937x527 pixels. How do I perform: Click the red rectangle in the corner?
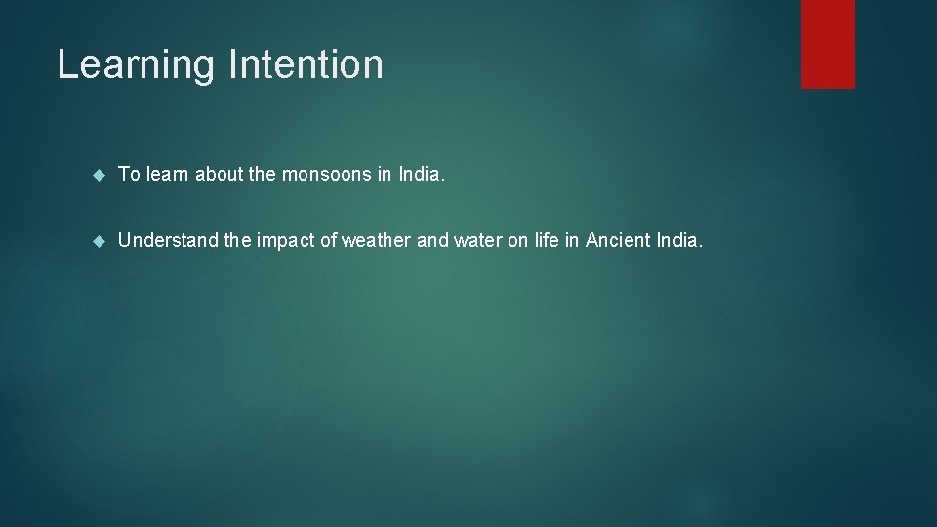[828, 44]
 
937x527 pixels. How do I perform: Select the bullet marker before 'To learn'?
[98, 175]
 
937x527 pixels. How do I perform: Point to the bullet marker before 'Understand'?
[98, 240]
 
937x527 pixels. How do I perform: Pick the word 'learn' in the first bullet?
[168, 175]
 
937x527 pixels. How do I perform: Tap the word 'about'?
[219, 175]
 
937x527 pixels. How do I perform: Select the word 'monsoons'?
[324, 175]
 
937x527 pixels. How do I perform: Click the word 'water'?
[474, 240]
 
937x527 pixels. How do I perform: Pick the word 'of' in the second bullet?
[327, 240]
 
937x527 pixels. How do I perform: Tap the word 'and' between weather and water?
[432, 240]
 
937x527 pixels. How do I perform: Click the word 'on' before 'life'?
[517, 240]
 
